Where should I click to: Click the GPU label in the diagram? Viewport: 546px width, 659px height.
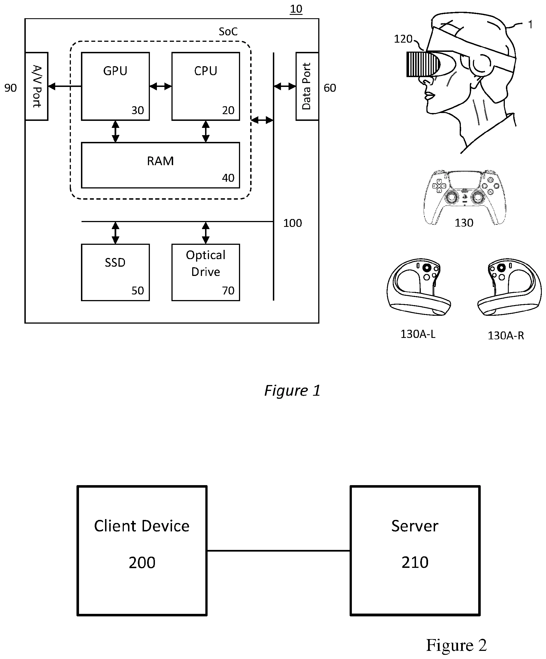(x=115, y=71)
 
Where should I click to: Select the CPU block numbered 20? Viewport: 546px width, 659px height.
(x=206, y=86)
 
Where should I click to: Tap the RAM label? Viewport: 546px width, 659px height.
(x=160, y=161)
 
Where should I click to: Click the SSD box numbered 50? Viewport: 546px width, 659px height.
(x=115, y=272)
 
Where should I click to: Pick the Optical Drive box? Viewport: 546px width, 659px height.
(x=206, y=272)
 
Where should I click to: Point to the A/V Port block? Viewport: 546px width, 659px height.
(x=36, y=86)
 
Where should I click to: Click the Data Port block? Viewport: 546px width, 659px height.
(x=307, y=86)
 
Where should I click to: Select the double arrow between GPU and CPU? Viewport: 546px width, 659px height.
(x=161, y=86)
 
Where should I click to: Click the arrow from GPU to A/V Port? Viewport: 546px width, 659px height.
(x=64, y=86)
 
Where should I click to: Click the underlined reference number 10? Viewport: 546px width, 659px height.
(x=296, y=9)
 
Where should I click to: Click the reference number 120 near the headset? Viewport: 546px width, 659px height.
(x=403, y=39)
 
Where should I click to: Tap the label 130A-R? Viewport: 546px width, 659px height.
(x=506, y=335)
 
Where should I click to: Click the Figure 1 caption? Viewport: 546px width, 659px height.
(x=292, y=391)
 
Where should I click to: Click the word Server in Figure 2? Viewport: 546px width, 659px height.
(x=414, y=526)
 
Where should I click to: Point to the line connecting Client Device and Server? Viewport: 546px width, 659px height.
(x=278, y=550)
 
